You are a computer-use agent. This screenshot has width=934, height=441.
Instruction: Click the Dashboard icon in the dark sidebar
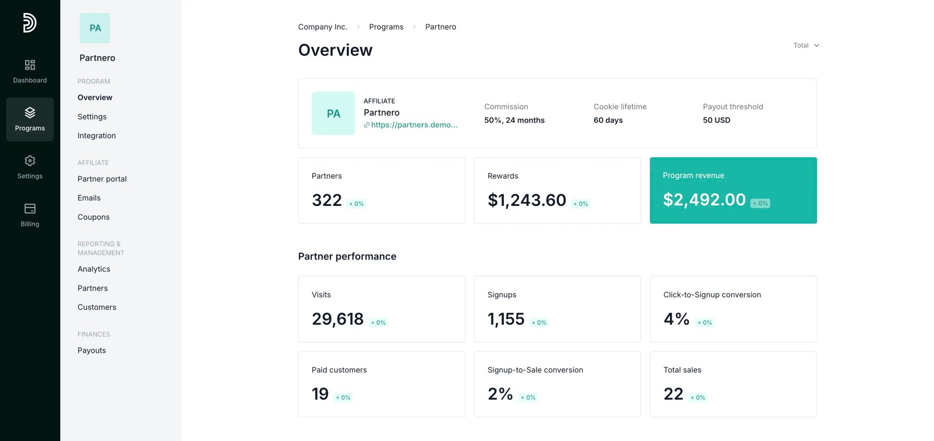[30, 65]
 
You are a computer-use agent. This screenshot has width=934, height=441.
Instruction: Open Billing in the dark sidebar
[30, 215]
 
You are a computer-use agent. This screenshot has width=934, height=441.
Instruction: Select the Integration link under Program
[96, 136]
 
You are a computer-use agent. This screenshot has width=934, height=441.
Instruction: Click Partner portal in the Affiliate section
[102, 179]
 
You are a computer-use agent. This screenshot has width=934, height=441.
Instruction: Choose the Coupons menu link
[93, 217]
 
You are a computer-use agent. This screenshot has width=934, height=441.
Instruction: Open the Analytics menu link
[94, 269]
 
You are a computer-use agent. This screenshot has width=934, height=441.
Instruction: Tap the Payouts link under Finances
[91, 350]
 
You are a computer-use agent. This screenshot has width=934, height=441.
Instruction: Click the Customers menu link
[97, 307]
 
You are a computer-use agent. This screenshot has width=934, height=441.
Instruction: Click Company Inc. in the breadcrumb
[323, 27]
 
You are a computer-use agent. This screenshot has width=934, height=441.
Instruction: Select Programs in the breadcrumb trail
[386, 27]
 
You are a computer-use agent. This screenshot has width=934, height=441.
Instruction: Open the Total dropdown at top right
[806, 45]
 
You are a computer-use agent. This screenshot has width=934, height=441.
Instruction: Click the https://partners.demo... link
[414, 125]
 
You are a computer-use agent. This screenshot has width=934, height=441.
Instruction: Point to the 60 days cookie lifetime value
[608, 120]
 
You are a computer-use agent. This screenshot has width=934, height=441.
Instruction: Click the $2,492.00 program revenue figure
[704, 200]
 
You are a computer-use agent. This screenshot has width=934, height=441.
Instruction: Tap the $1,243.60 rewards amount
[527, 200]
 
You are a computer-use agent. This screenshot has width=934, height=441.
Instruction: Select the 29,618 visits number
[338, 319]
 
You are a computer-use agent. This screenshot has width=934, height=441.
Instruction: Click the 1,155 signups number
[506, 319]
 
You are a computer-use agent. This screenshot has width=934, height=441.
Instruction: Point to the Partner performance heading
[347, 257]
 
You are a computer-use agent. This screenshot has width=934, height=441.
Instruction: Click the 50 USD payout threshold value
[717, 120]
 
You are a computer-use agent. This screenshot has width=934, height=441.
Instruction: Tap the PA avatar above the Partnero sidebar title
[95, 28]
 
